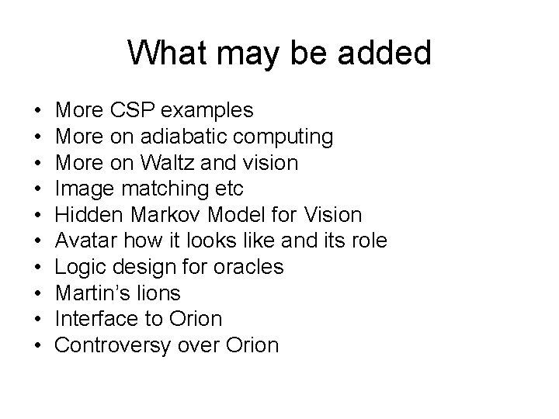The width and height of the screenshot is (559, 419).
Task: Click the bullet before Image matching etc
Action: point(38,189)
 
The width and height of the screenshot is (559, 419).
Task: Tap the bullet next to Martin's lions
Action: point(38,293)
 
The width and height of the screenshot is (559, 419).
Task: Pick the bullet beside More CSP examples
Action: point(38,111)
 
